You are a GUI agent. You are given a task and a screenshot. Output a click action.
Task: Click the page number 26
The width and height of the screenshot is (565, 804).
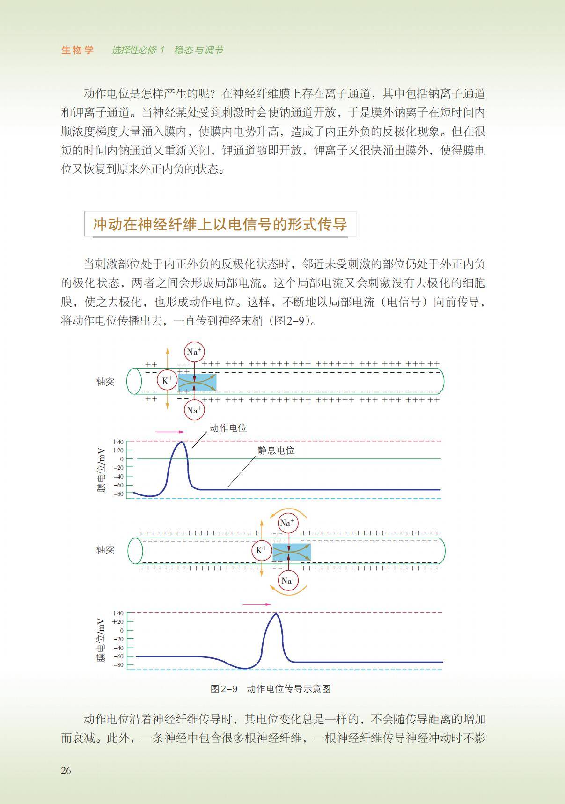[66, 770]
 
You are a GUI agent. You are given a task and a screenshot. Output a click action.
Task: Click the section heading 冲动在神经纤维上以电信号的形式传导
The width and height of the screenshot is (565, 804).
[220, 224]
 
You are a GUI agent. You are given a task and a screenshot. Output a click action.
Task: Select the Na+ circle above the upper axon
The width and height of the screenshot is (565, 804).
[194, 352]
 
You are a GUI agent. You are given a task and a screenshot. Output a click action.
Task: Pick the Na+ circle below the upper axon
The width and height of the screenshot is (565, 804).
[194, 411]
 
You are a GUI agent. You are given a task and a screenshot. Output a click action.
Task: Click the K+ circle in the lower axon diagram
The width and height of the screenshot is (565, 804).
[261, 550]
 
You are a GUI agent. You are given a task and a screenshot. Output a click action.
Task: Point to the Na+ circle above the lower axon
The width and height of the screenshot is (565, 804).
[287, 523]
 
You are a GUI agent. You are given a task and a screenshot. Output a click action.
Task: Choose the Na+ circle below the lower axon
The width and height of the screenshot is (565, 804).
[287, 581]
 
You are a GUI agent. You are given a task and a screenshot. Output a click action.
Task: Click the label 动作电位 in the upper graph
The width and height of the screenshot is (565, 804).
[228, 428]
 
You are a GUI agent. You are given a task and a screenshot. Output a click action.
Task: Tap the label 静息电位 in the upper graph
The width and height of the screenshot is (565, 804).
[276, 450]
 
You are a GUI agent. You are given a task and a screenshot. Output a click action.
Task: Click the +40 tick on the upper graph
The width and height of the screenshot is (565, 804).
[118, 442]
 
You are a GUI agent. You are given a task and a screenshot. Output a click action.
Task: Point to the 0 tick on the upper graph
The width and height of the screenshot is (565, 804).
[121, 459]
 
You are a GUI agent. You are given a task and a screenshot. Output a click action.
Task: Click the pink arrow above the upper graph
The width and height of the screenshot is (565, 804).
[170, 432]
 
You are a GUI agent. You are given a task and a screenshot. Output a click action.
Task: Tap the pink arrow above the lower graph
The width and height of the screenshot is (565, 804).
[257, 605]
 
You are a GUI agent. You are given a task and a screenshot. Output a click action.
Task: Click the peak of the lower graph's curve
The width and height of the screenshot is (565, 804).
[276, 613]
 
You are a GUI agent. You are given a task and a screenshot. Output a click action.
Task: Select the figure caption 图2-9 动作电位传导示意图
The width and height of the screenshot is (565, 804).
[271, 689]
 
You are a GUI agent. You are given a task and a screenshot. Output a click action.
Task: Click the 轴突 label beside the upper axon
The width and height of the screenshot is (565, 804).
[105, 382]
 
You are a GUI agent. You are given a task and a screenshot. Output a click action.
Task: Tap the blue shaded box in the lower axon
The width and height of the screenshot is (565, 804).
[292, 552]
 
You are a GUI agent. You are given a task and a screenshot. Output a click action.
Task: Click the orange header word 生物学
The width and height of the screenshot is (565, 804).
[78, 50]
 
